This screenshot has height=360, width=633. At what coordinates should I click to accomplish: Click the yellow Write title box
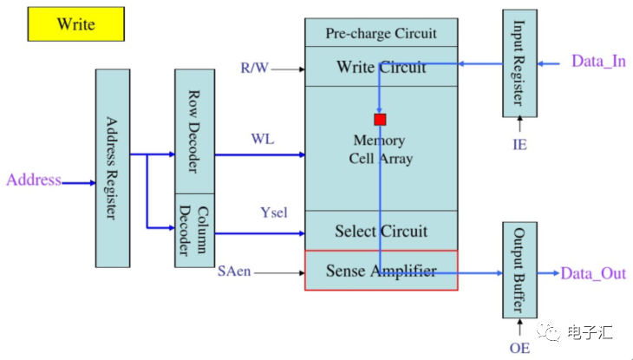pos(76,23)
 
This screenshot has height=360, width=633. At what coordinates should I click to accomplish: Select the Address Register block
pos(112,167)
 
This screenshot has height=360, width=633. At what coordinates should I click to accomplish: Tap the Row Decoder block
pos(194,130)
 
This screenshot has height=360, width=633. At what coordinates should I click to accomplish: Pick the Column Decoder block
pos(194,231)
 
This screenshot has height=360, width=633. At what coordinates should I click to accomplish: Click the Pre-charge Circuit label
pos(381,34)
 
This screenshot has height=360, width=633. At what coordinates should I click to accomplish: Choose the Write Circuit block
pos(381,67)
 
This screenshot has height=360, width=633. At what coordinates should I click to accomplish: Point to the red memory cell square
pos(380,119)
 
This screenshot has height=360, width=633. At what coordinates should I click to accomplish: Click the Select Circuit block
pos(381,231)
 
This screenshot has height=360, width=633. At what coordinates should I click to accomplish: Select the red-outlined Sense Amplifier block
pos(381,271)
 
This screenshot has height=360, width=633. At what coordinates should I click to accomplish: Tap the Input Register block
pos(519,62)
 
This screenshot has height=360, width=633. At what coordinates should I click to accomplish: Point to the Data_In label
pos(598,62)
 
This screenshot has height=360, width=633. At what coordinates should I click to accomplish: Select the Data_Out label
pos(593,273)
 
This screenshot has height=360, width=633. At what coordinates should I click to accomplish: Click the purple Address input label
pos(34,180)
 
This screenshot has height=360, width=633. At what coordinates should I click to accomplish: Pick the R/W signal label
pos(255,67)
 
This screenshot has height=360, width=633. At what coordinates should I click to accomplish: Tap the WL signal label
pos(263,139)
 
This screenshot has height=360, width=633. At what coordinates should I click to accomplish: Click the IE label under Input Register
pos(519,144)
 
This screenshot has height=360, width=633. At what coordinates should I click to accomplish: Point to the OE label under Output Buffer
pos(519,348)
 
